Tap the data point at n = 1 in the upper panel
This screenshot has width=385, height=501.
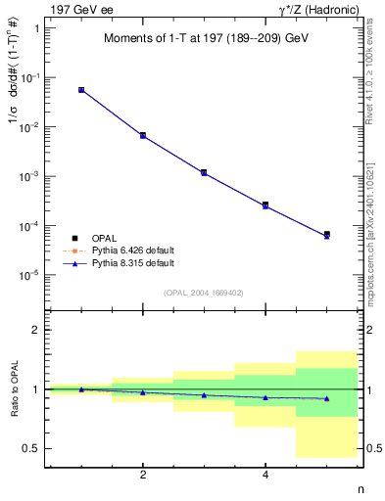pos(81,89)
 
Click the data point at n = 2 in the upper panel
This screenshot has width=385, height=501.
pos(143,135)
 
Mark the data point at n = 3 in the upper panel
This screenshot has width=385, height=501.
pos(204,172)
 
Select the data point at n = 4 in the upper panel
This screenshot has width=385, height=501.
pos(265,205)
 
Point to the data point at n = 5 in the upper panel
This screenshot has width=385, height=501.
pos(326,235)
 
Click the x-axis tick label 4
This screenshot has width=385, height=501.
pos(265,475)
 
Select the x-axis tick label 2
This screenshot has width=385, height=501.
pos(143,475)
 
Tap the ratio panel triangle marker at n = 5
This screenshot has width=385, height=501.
pos(326,398)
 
